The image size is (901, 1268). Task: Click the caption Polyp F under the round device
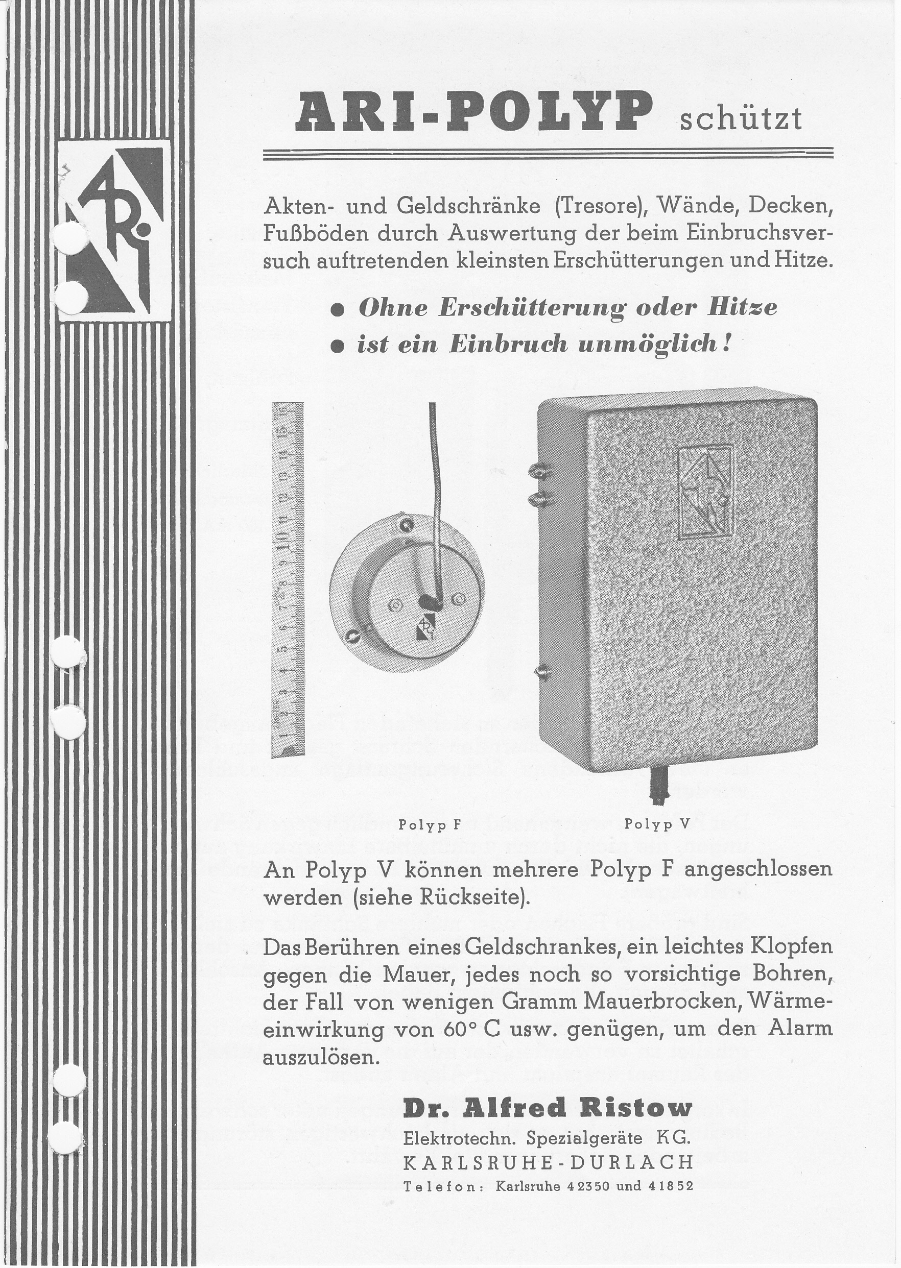coord(430,824)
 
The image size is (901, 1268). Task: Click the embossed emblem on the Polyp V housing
coord(704,492)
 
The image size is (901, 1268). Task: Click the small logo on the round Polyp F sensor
coord(425,629)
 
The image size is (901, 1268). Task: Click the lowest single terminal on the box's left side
coord(542,672)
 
